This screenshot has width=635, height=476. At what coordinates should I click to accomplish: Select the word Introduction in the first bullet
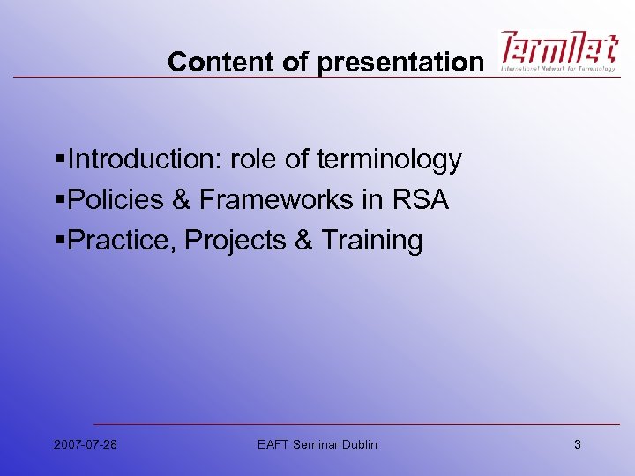click(x=146, y=160)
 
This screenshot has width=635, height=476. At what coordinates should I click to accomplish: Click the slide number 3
click(x=578, y=444)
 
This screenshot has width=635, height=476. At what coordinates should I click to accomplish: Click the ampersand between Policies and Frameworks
click(x=181, y=200)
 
